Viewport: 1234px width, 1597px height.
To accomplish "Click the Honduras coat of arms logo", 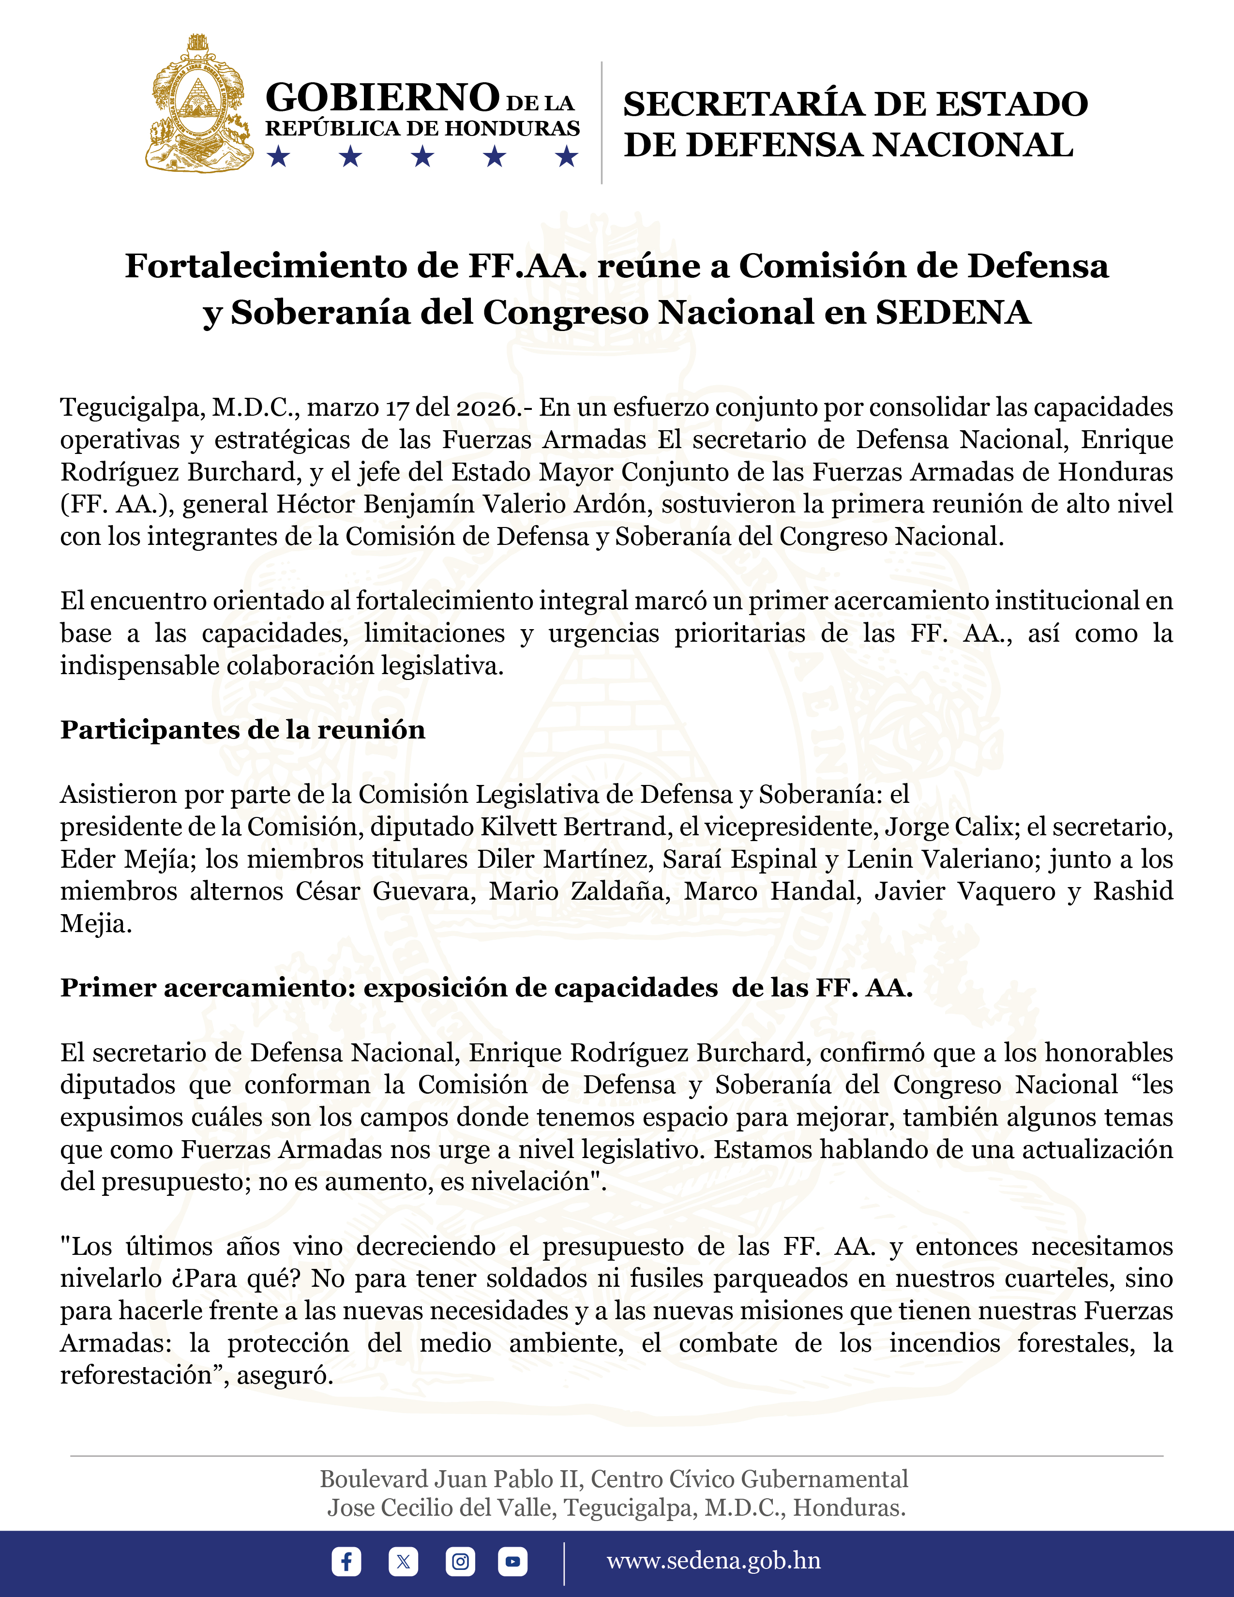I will click(x=199, y=104).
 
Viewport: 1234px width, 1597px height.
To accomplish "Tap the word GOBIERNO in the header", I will click(x=382, y=97).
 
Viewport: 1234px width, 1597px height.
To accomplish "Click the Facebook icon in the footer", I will click(x=346, y=1561).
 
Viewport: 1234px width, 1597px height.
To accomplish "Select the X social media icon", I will click(x=403, y=1561).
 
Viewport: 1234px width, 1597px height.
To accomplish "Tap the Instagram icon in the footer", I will click(x=460, y=1561).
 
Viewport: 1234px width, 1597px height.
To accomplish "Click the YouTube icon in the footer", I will click(x=512, y=1561).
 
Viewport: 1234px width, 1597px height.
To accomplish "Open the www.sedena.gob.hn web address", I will click(x=713, y=1560).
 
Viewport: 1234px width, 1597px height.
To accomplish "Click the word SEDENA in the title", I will click(x=953, y=312).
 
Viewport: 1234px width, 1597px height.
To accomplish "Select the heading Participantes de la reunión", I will click(x=243, y=730).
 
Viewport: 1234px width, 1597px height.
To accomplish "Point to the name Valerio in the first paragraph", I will click(x=495, y=504).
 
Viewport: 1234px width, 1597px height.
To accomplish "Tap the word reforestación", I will click(x=135, y=1375).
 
